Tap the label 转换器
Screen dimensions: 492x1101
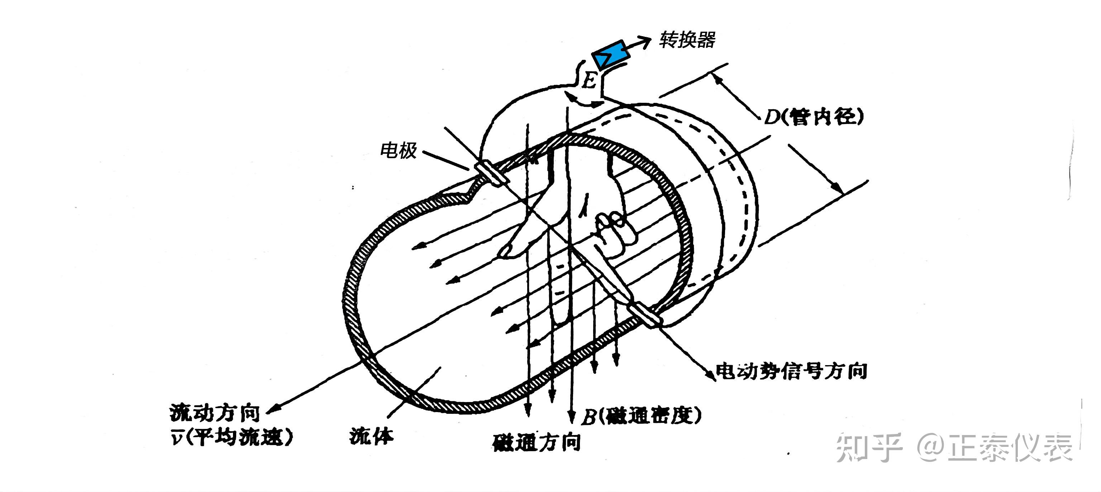(687, 40)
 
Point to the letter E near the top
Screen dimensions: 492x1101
(590, 80)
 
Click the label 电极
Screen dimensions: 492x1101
(398, 151)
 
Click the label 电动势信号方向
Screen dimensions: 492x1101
(791, 371)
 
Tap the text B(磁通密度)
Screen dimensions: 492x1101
(642, 415)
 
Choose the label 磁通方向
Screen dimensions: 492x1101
(537, 443)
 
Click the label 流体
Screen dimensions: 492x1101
(371, 436)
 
